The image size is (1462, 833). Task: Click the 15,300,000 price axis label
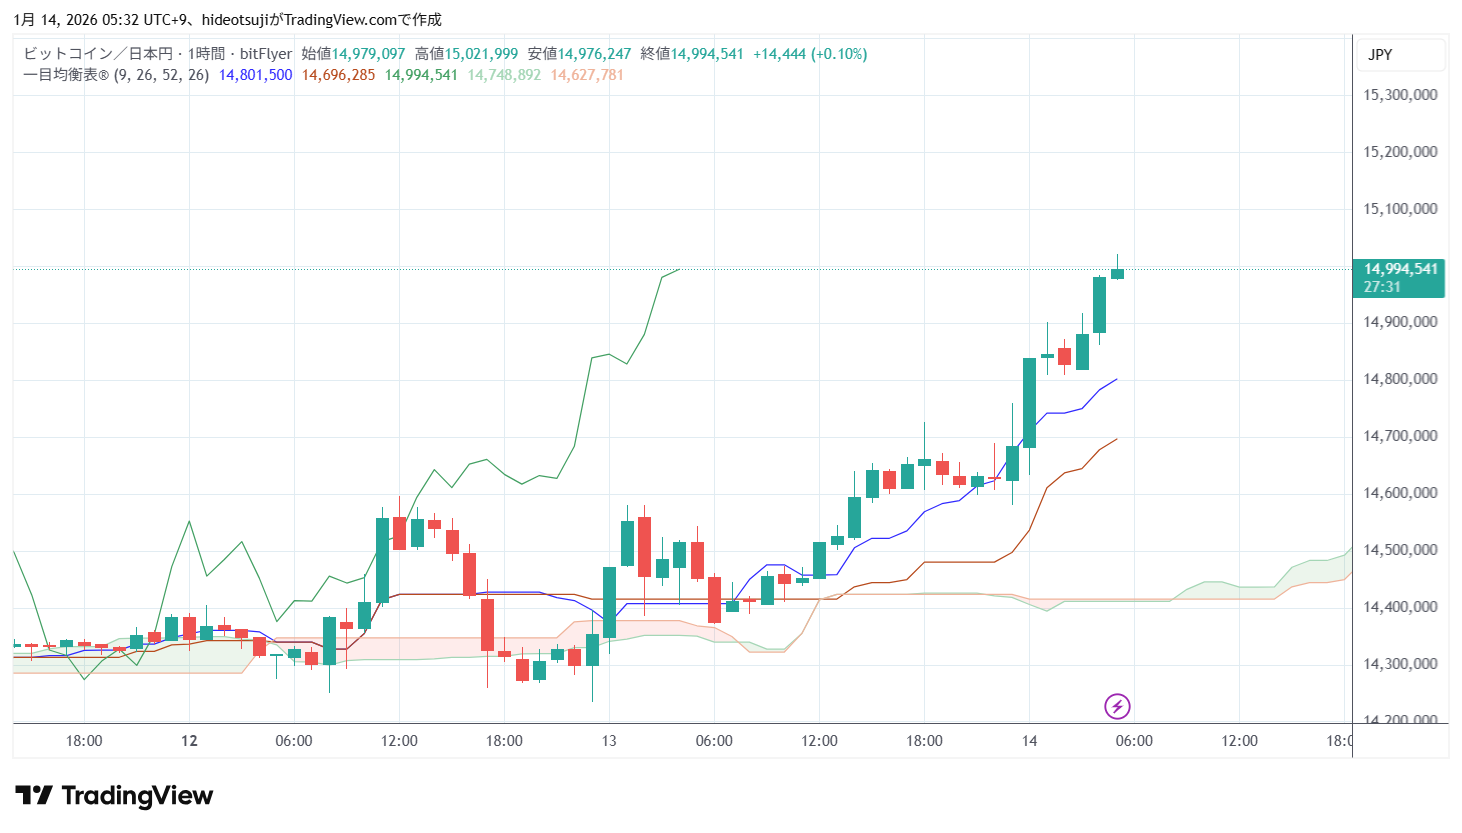pos(1400,95)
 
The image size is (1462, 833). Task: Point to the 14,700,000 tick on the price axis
pos(1400,436)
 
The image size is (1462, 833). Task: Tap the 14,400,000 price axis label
pos(1400,607)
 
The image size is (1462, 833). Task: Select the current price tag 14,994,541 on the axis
pos(1400,269)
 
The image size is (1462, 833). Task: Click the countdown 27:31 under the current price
pos(1382,287)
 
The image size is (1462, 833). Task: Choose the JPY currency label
pos(1380,55)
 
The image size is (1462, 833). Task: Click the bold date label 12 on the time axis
pos(189,741)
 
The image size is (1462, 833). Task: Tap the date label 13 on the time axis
pos(609,741)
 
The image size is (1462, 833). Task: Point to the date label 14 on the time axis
pos(1029,741)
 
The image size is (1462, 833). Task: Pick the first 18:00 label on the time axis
pos(84,741)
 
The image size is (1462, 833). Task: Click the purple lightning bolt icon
pos(1117,707)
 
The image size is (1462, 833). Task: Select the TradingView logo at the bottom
pos(115,796)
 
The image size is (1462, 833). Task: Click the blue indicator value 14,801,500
pos(256,75)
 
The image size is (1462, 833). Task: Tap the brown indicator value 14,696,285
pos(339,75)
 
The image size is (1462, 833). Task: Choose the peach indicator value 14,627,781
pos(587,75)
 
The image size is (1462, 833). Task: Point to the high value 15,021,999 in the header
pos(481,54)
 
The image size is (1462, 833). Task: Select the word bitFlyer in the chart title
pos(266,54)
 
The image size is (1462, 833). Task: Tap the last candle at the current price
pos(1117,273)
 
